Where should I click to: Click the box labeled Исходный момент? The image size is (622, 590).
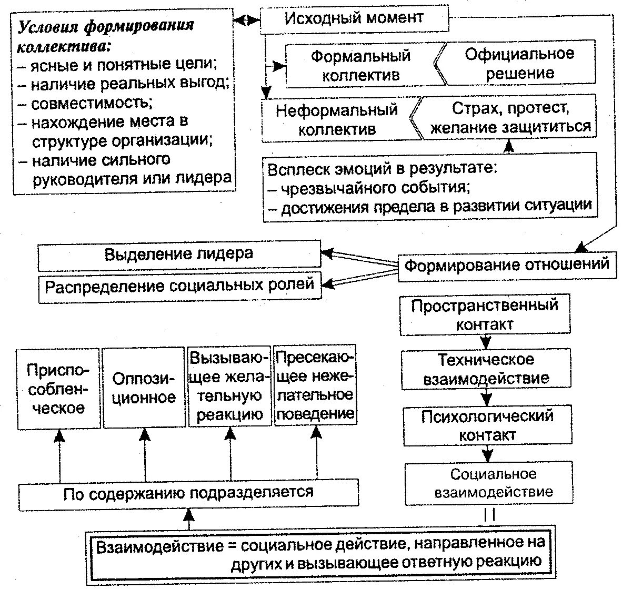tap(354, 19)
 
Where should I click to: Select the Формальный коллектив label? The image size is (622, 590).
tap(360, 65)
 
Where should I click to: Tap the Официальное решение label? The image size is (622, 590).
tap(519, 63)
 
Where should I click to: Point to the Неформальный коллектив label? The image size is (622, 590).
tap(337, 119)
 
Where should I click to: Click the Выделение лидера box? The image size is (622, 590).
tap(179, 255)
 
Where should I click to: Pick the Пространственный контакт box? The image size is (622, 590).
tap(485, 315)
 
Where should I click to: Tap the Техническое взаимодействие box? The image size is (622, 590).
tap(486, 369)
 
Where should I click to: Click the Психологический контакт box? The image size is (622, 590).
tap(487, 425)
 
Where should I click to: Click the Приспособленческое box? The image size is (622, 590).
tap(58, 388)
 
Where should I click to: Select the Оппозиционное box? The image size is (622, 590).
tap(144, 388)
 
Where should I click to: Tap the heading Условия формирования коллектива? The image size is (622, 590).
tap(105, 35)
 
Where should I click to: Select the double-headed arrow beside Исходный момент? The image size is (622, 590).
tap(247, 20)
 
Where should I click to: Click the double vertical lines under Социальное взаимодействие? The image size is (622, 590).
tap(489, 514)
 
